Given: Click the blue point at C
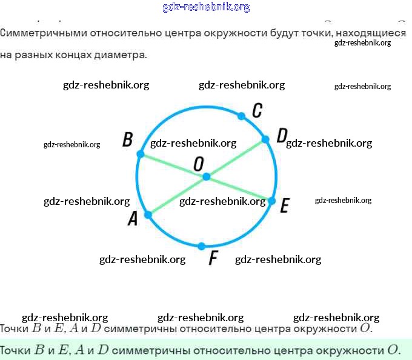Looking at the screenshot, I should tap(242, 116).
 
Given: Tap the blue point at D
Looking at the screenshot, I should tap(265, 140).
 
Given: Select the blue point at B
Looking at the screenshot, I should tap(141, 155).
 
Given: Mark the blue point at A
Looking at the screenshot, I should tap(148, 214).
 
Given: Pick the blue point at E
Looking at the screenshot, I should tap(272, 200).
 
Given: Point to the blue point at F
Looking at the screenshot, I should tap(202, 245).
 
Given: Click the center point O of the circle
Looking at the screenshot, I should tap(207, 176).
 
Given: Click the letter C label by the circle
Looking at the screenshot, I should tap(257, 110).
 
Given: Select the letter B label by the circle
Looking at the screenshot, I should tap(127, 140).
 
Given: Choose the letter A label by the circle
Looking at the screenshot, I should tap(133, 219).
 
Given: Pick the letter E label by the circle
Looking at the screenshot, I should tap(284, 206).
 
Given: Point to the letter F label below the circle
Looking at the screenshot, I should tap(213, 259).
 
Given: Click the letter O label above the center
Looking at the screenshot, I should tap(198, 163).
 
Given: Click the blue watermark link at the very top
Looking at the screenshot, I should tap(206, 7).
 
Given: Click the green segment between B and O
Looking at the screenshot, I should tap(173, 165).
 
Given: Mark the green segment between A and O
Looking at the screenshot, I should tap(177, 195).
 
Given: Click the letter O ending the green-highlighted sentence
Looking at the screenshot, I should tap(394, 350).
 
